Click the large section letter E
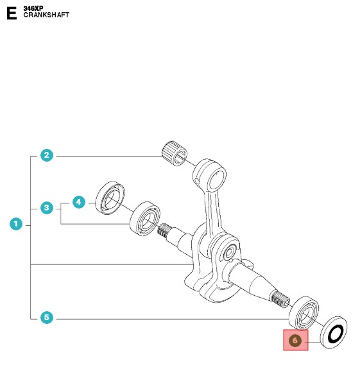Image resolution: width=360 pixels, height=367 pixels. [12, 13]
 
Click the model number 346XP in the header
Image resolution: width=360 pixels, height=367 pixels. [33, 8]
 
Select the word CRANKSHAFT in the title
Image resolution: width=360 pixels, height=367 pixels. [46, 15]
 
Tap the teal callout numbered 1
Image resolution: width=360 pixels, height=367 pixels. [16, 224]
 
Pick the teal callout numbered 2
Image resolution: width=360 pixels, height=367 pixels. [47, 155]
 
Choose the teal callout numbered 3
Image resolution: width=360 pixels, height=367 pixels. [47, 208]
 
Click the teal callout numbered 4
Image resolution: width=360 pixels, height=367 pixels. [79, 202]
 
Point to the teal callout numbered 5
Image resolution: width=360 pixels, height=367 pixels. [47, 318]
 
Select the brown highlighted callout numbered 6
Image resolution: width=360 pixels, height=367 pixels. [295, 340]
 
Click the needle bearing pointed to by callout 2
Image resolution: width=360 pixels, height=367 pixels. [175, 153]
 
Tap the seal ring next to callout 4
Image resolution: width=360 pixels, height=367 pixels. [110, 198]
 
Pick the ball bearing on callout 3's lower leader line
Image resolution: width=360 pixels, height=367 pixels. [145, 219]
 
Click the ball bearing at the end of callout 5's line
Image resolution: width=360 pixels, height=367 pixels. [304, 313]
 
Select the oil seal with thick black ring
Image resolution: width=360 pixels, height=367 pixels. [334, 332]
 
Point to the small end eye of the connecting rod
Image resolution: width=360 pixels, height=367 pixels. [210, 175]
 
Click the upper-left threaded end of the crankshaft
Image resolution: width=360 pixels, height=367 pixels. [164, 230]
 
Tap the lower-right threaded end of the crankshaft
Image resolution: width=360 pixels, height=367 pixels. [280, 300]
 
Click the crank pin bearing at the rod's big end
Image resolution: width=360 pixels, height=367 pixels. [228, 252]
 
